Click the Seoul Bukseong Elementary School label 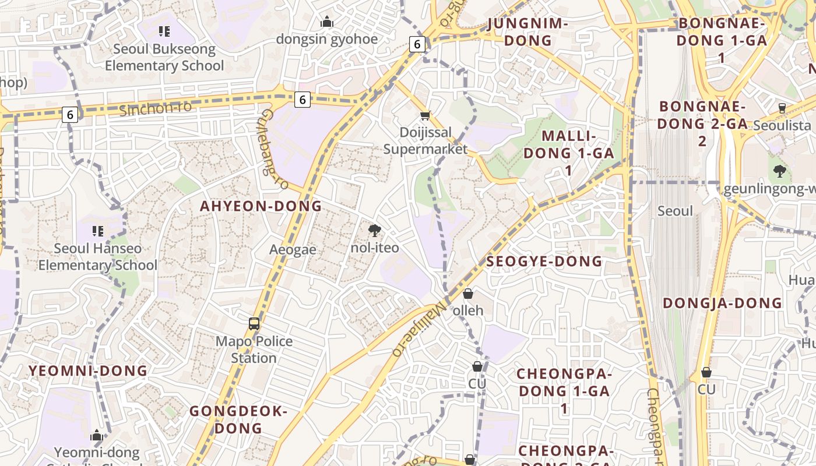click(x=164, y=57)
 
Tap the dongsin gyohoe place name click(x=327, y=39)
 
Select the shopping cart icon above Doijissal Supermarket click(x=425, y=116)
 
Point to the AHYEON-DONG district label click(x=261, y=206)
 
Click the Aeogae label click(x=293, y=250)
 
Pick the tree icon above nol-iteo click(x=375, y=231)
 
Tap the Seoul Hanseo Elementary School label click(x=98, y=257)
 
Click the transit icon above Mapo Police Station click(x=254, y=324)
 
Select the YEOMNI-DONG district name click(x=88, y=370)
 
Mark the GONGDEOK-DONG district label click(x=238, y=419)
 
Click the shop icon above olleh click(x=467, y=294)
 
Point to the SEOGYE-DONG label click(x=544, y=262)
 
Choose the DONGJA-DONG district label click(x=723, y=303)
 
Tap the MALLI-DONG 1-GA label click(x=569, y=153)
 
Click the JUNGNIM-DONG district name click(x=527, y=31)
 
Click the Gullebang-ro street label click(x=273, y=149)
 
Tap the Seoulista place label click(x=782, y=125)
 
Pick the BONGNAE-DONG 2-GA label click(x=702, y=123)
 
